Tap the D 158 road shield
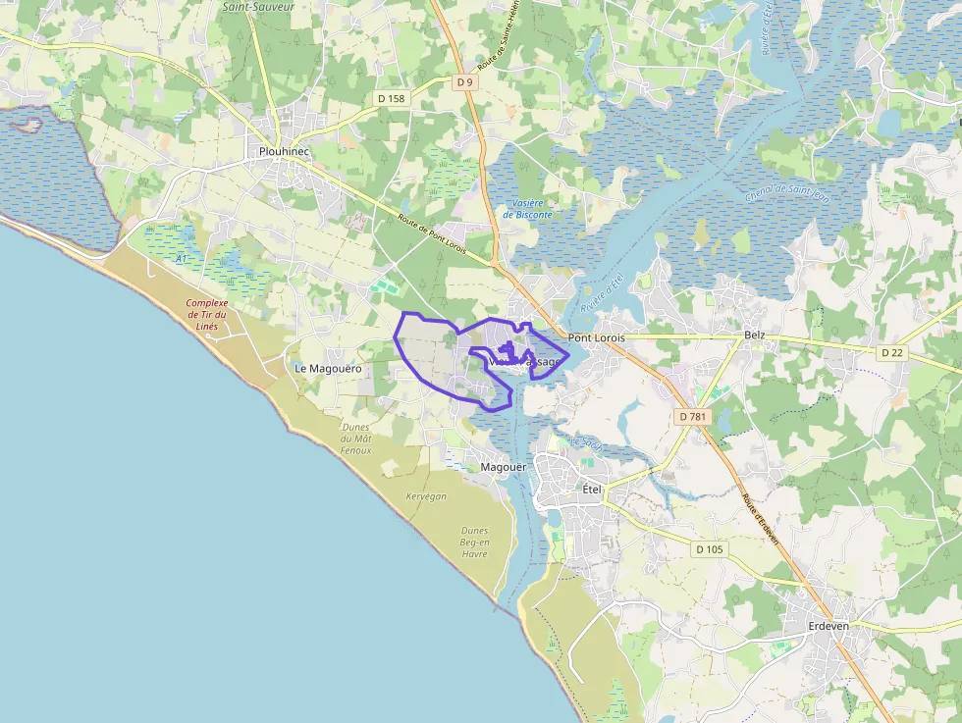point(391,98)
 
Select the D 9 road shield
point(464,82)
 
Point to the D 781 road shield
point(692,417)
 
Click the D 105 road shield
point(709,549)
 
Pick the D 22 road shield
point(891,352)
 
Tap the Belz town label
point(754,335)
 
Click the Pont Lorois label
point(597,337)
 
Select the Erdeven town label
point(828,625)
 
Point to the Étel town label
point(592,489)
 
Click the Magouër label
point(504,467)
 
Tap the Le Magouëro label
point(328,368)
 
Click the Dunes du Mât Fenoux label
point(355,439)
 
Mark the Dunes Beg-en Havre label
point(474,542)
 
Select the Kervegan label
point(425,496)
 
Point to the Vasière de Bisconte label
point(527,208)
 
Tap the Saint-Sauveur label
point(258,6)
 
